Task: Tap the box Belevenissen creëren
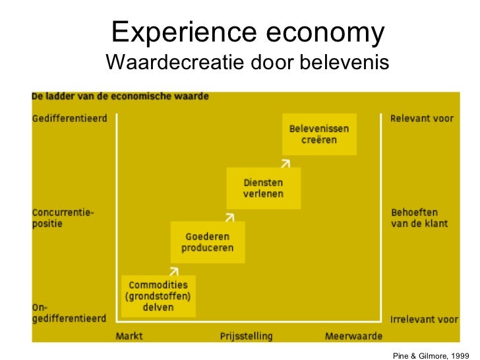point(319,135)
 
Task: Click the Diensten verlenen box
point(263,188)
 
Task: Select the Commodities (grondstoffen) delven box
point(158,296)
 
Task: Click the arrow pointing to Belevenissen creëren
point(285,161)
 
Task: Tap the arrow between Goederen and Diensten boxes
point(229,215)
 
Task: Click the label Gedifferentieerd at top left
point(69,119)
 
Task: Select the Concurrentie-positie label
point(63,218)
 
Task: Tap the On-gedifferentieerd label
point(69,313)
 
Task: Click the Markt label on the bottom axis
point(129,336)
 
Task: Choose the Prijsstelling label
point(246,336)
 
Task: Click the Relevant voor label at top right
point(422,119)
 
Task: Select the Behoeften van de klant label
point(419,218)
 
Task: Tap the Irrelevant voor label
point(424,319)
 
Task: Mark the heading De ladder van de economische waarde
point(120,96)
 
